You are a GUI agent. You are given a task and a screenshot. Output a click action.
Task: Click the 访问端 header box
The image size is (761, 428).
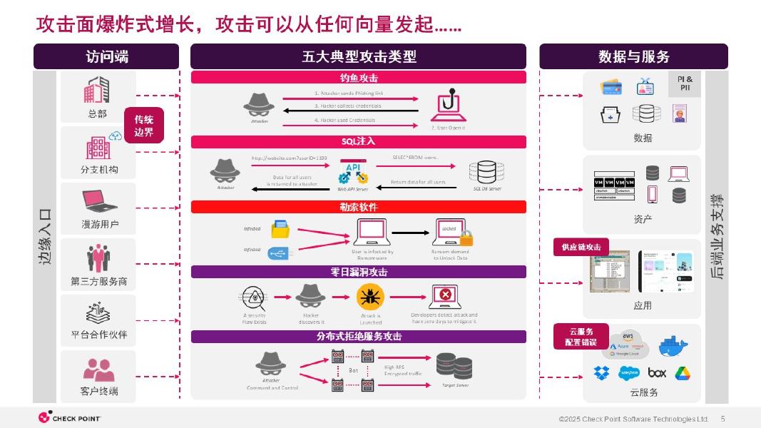point(106,56)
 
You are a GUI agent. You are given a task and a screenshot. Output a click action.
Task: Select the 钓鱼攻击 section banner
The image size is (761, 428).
point(358,78)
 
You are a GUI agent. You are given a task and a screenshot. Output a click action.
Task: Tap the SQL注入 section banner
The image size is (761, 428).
point(358,141)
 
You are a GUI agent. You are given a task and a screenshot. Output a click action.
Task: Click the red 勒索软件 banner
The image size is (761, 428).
point(358,207)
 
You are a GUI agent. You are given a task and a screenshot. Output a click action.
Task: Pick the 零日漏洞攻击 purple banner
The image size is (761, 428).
point(358,272)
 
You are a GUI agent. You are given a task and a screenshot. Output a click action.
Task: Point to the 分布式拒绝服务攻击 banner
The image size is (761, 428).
point(358,337)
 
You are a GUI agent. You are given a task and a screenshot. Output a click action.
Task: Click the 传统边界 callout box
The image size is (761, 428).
point(144,126)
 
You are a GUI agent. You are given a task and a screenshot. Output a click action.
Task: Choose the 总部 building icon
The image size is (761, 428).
point(98,90)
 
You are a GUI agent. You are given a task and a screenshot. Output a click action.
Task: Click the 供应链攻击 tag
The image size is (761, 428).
point(581,247)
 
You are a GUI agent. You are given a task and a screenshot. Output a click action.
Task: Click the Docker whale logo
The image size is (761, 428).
point(673,346)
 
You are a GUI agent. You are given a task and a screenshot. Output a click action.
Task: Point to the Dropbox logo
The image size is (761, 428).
point(601,372)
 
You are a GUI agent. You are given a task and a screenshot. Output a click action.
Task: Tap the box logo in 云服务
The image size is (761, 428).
point(657,372)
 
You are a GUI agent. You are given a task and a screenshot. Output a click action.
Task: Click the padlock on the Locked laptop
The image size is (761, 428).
point(466,238)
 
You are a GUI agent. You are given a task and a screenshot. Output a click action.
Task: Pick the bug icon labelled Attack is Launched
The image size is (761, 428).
point(369,295)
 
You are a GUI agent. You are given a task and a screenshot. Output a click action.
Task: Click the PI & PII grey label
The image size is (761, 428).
point(685,83)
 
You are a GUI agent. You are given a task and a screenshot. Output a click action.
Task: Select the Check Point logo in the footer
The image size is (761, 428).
point(69,418)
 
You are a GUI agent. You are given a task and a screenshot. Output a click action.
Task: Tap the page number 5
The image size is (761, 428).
point(723,419)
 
